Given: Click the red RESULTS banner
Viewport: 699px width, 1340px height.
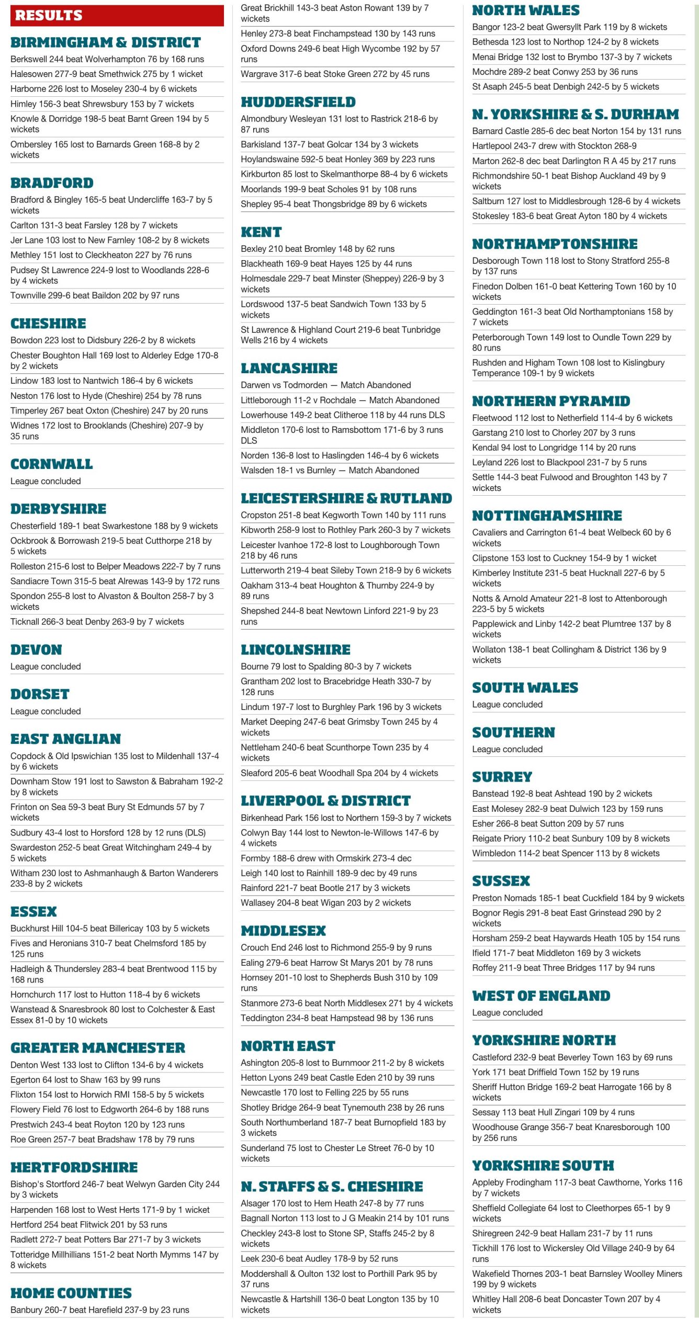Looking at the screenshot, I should (x=117, y=15).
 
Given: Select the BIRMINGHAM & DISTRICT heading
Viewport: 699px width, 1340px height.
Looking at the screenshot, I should (x=105, y=42).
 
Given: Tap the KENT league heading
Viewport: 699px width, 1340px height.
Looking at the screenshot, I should (x=261, y=232).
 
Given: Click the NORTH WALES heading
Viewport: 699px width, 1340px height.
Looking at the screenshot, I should (x=525, y=10).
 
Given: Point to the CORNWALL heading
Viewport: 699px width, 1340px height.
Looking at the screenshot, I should (x=51, y=464).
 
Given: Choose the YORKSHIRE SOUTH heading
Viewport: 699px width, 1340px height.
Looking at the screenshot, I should (x=543, y=1166).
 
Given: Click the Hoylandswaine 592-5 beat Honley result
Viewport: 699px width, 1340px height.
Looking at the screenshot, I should (x=337, y=159).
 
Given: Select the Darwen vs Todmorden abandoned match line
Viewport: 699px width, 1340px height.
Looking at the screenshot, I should (x=325, y=385).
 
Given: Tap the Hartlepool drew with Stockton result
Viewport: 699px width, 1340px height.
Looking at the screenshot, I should (x=554, y=146).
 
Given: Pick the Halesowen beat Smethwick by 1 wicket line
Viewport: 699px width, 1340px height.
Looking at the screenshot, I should (x=106, y=74).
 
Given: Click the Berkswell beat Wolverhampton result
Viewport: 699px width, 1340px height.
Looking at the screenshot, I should (x=107, y=59).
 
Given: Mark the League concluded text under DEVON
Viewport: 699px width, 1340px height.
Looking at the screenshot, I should (x=46, y=666).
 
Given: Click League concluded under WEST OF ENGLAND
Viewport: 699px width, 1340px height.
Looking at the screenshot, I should (x=507, y=1012).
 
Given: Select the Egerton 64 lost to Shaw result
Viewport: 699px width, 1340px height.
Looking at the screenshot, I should (x=85, y=1080).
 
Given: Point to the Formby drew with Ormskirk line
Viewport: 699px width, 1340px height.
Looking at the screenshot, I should (x=325, y=858).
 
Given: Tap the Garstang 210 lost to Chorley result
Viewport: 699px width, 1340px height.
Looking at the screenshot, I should (x=553, y=433).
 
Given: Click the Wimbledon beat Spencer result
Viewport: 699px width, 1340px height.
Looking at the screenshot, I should (x=566, y=853).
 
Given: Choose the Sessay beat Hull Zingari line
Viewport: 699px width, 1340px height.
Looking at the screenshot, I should (x=553, y=1112).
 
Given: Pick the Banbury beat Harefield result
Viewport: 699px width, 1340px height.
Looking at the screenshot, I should (x=99, y=1310).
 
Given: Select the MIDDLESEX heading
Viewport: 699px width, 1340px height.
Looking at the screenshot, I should (x=283, y=931).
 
